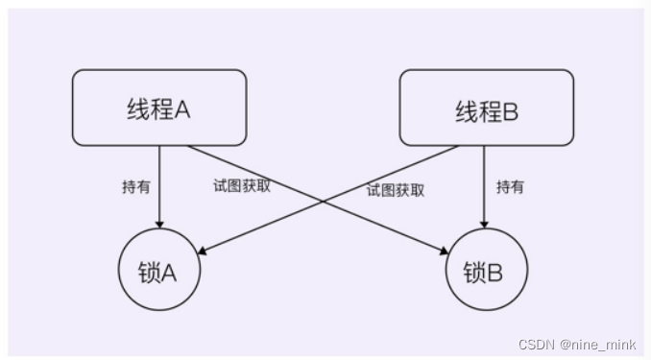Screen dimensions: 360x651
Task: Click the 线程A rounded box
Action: [158, 108]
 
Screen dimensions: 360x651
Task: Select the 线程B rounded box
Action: [486, 108]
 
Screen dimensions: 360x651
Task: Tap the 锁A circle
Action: [159, 271]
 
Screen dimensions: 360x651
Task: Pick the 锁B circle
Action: [486, 271]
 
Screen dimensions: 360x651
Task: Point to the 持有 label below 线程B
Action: [510, 187]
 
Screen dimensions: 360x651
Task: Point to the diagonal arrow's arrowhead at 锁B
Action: [445, 252]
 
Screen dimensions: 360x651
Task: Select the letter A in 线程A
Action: [181, 108]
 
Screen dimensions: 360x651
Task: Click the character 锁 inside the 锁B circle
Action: [474, 272]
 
